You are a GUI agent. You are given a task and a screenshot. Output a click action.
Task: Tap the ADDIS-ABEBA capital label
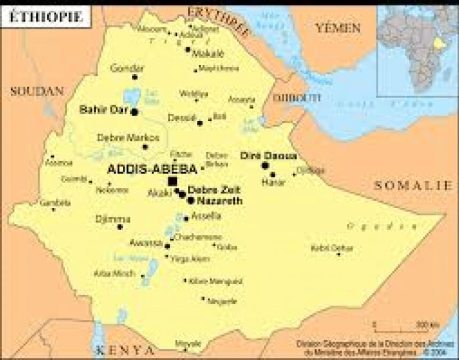[x=152, y=169]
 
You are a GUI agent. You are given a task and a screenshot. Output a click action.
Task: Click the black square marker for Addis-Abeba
[x=172, y=182]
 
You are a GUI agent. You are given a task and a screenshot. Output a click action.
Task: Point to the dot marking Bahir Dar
[x=134, y=112]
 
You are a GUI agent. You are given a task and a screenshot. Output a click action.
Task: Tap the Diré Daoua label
[x=268, y=155]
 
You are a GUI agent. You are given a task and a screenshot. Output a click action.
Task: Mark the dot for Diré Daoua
[x=265, y=166]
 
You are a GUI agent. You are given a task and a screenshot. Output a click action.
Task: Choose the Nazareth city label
[x=219, y=201]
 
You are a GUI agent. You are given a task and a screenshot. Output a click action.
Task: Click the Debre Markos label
[x=122, y=137]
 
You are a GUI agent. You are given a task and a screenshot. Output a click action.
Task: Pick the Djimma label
[x=113, y=219]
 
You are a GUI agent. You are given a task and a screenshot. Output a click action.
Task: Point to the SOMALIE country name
[x=413, y=185]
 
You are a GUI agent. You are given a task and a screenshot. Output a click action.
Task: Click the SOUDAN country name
[x=37, y=91]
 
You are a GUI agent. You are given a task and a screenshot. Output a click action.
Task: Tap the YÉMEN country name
[x=338, y=28]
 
